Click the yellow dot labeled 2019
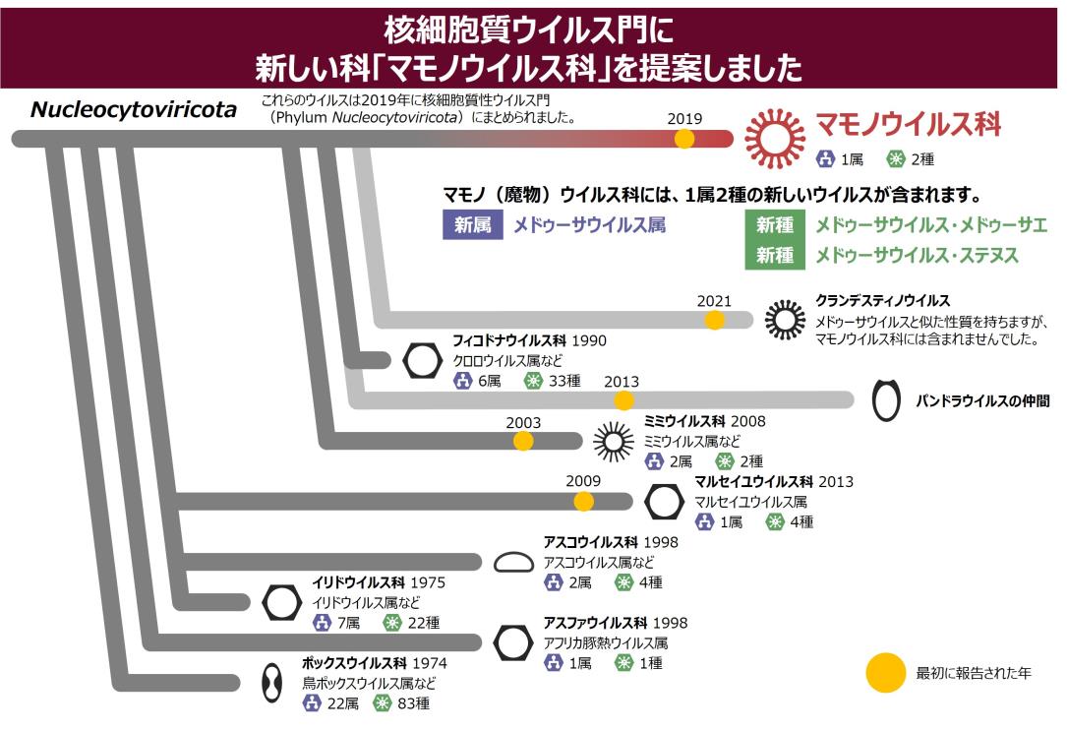(x=683, y=138)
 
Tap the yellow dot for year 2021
(x=714, y=320)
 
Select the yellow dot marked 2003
(x=522, y=441)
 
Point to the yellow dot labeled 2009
(x=583, y=502)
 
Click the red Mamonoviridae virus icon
(x=774, y=138)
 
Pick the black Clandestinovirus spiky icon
(x=785, y=319)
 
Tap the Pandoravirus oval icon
(x=886, y=400)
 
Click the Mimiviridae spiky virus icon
(x=613, y=441)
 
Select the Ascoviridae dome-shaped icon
(x=513, y=562)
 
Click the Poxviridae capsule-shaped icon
(x=272, y=683)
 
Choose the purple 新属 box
(x=472, y=224)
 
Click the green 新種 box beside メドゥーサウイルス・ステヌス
(x=774, y=255)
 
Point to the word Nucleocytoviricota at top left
(x=134, y=109)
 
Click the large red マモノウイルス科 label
(x=909, y=125)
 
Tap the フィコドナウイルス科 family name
(x=509, y=340)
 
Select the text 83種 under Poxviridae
(x=413, y=703)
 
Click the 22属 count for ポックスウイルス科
(x=343, y=703)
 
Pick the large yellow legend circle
(x=885, y=673)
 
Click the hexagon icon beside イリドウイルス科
(x=281, y=602)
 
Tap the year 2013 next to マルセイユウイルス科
(x=836, y=482)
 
